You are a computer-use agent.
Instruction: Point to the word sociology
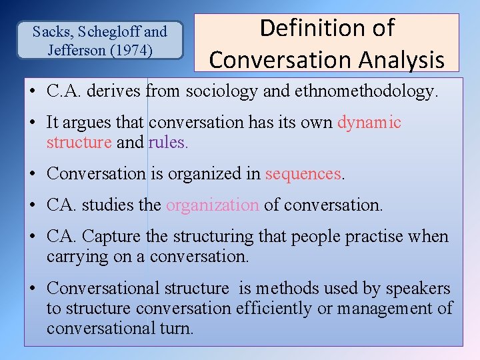click(x=227, y=91)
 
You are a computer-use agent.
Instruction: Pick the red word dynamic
click(x=369, y=123)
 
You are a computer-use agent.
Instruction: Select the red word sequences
click(x=303, y=173)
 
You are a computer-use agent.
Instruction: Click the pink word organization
click(x=213, y=205)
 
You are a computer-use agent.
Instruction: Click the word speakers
click(x=418, y=289)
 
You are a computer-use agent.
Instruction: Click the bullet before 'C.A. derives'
click(x=33, y=92)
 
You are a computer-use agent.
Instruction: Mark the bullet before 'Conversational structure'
click(x=33, y=289)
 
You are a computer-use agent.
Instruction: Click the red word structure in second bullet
click(x=79, y=142)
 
